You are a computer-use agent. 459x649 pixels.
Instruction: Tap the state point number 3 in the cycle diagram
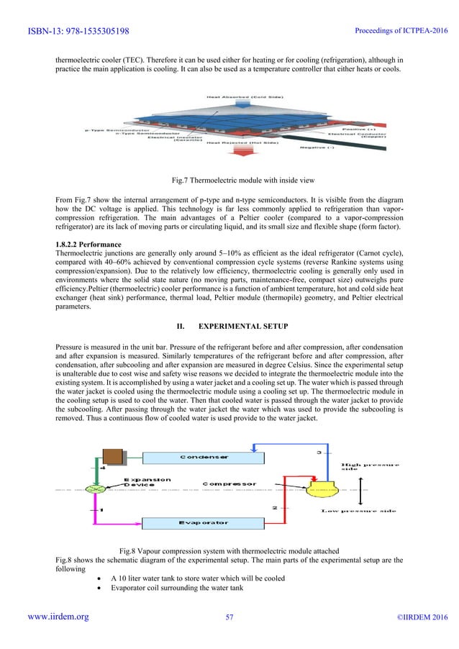(x=320, y=453)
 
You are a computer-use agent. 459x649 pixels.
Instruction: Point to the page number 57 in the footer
(x=230, y=637)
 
